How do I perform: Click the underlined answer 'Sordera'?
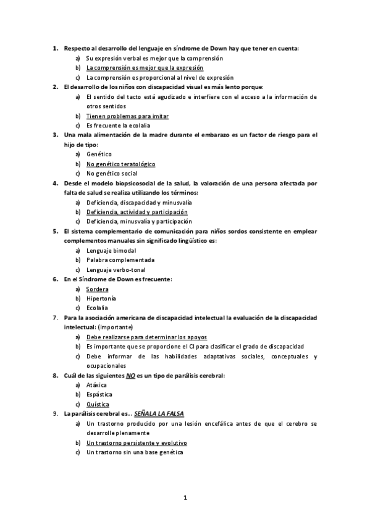(98, 289)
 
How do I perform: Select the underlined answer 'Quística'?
(98, 404)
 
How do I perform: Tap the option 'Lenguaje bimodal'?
(111, 250)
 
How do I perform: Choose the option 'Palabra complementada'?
(120, 260)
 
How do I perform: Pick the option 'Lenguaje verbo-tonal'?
(116, 269)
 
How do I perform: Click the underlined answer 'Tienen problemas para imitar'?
(127, 116)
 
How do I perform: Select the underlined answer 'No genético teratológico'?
(120, 164)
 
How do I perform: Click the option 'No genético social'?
(112, 173)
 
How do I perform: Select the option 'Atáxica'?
(97, 384)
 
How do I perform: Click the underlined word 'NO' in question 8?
(130, 375)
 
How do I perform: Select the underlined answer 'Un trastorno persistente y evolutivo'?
(137, 442)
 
